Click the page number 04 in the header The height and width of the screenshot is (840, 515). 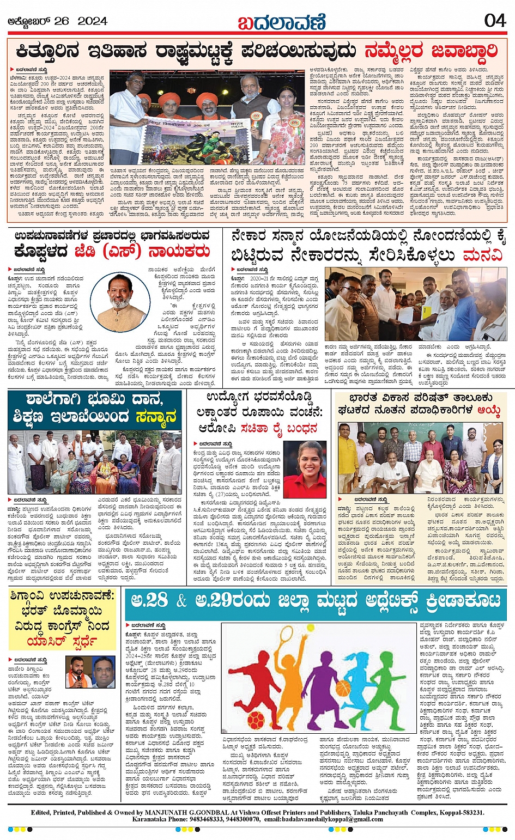494,20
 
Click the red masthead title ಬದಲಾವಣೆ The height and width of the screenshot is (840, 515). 282,21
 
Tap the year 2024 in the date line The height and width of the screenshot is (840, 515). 92,21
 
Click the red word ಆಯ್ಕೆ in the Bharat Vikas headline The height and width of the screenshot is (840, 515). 489,410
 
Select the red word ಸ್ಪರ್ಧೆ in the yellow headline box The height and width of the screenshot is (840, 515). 88,641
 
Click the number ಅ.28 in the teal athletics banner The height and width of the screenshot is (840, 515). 149,600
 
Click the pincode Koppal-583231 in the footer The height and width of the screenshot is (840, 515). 458,812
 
